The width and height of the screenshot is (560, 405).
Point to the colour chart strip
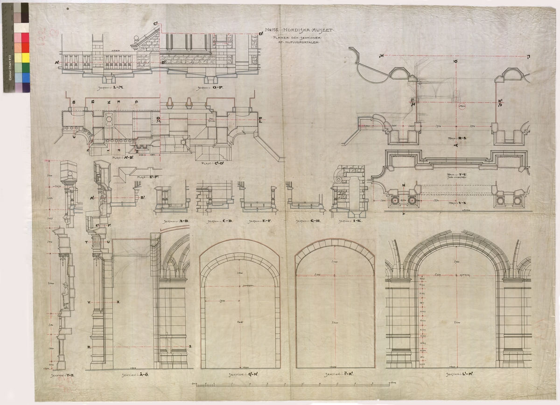[14, 47]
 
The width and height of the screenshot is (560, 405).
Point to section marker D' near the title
[261, 34]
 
